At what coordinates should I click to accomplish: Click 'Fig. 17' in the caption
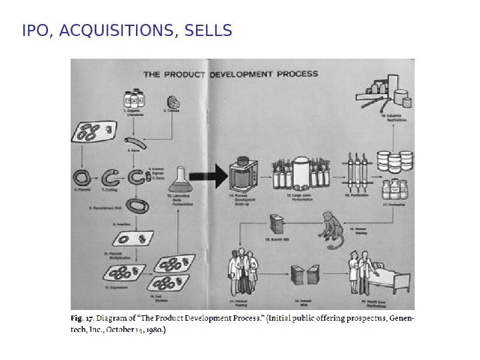pyautogui.click(x=83, y=318)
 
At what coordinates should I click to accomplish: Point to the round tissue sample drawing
pyautogui.click(x=173, y=102)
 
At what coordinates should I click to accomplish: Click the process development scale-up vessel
pyautogui.click(x=244, y=175)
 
